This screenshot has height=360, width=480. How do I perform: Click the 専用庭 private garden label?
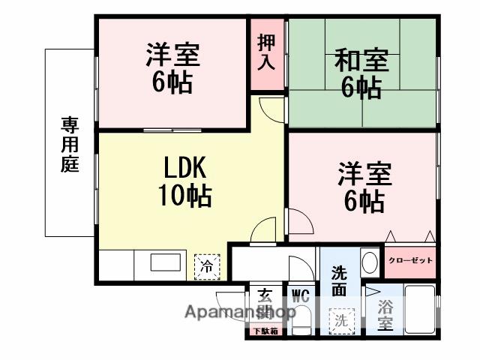(x=70, y=144)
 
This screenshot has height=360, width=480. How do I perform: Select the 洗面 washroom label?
(x=339, y=280)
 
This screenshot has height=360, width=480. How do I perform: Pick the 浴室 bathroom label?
(x=385, y=314)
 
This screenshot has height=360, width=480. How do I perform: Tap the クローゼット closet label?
(x=410, y=260)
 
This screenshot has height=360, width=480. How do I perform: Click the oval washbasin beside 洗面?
(x=369, y=262)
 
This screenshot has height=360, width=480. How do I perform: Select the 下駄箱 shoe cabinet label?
(x=264, y=331)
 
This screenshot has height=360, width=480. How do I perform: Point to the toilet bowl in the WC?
(x=301, y=322)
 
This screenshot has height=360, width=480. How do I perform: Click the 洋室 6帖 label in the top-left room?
(x=172, y=67)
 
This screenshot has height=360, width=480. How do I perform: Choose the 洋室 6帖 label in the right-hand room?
(x=363, y=187)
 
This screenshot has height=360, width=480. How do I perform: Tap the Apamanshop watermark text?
(x=229, y=312)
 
